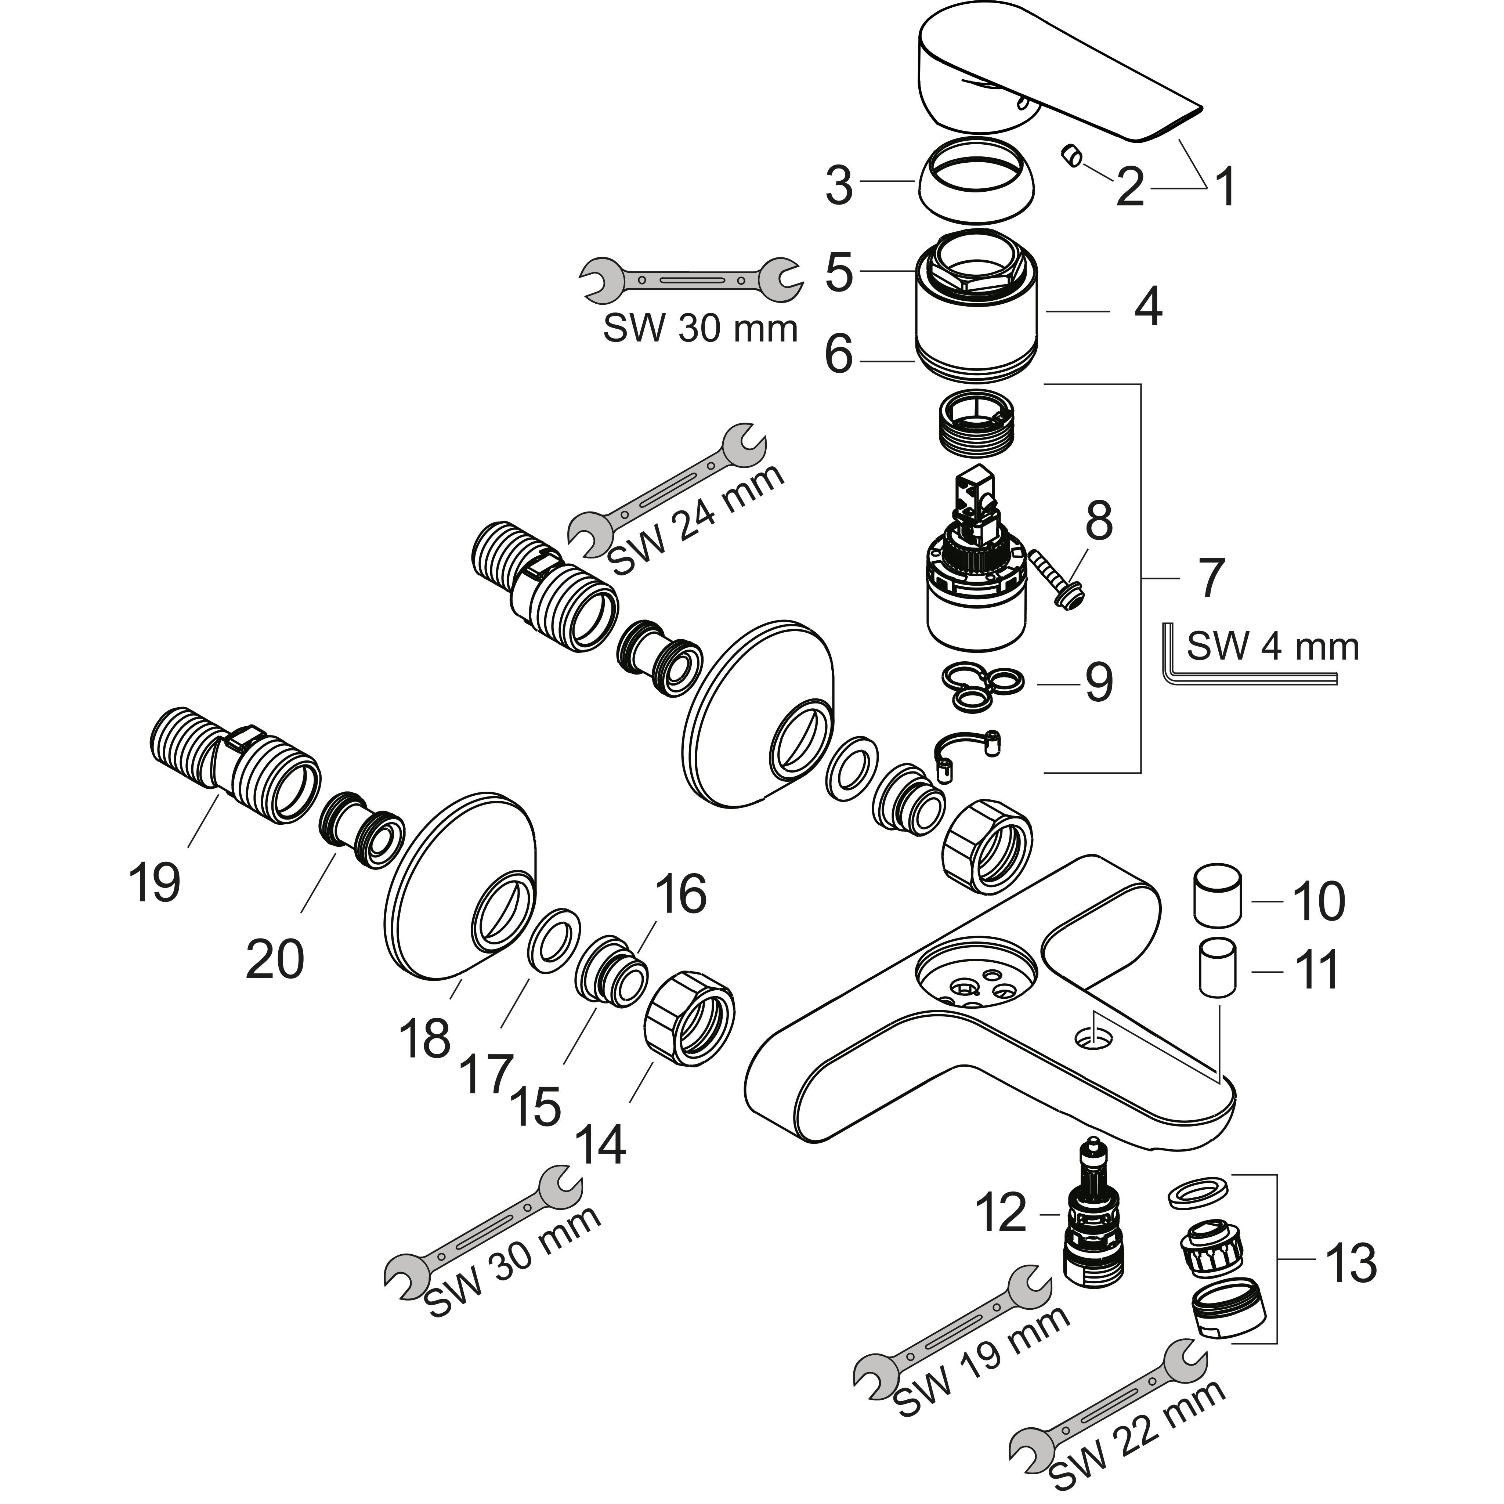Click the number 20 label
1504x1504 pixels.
coord(274,959)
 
